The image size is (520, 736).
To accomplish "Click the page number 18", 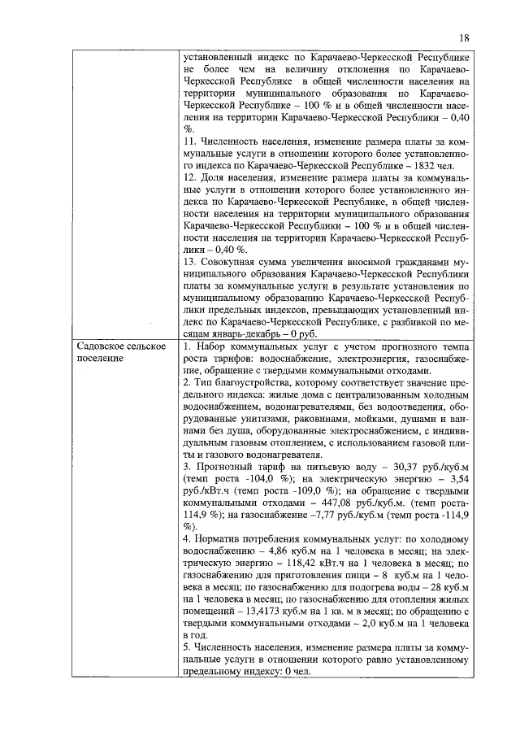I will (464, 37).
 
